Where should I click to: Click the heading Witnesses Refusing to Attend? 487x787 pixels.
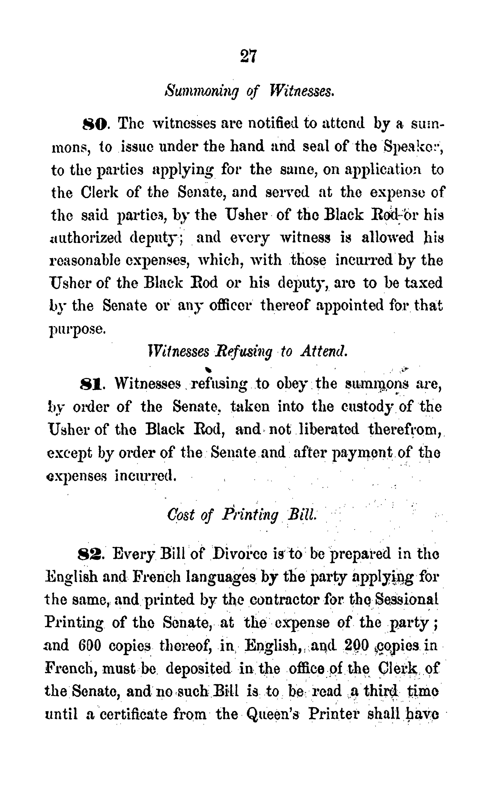coord(247,352)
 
